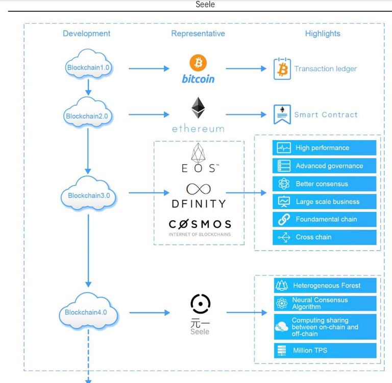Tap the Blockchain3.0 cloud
[88, 193]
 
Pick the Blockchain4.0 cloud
[88, 311]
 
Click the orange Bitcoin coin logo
[198, 62]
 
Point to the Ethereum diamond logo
[198, 108]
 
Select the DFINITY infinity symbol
[199, 189]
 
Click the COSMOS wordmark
[200, 224]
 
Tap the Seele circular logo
[201, 304]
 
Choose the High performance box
[324, 148]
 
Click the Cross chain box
[324, 237]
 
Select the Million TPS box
[325, 350]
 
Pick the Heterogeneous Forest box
[325, 285]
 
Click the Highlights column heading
[323, 34]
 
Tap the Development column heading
[86, 34]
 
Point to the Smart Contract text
[326, 115]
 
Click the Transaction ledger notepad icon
[282, 69]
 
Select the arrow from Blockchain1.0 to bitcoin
[149, 69]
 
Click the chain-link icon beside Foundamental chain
[284, 219]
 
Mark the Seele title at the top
[205, 4]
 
